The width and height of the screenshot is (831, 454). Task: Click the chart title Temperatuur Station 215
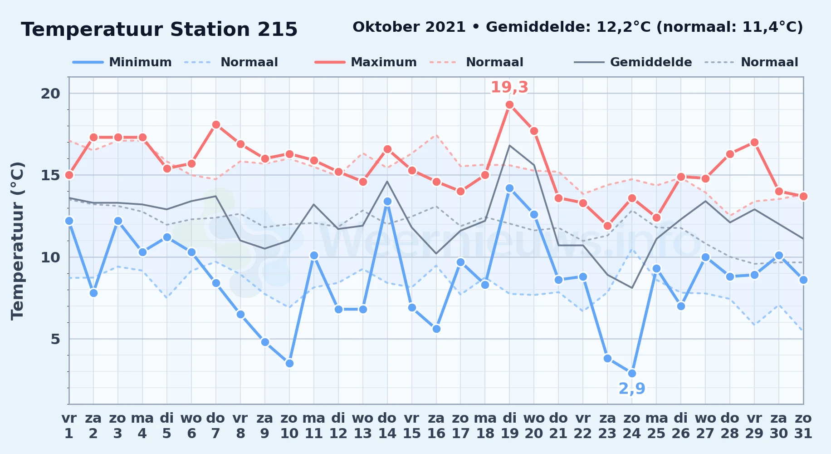click(159, 30)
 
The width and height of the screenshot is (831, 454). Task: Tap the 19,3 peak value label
click(509, 87)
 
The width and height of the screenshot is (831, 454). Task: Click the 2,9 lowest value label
click(632, 389)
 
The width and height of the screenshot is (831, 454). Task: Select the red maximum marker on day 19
click(509, 105)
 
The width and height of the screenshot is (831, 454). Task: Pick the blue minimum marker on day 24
click(632, 373)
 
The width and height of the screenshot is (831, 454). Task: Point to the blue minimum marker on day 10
click(289, 363)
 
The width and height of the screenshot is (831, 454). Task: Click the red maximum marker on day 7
click(216, 124)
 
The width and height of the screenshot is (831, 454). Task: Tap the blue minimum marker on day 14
click(387, 201)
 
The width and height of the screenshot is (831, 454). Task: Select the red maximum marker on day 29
click(754, 143)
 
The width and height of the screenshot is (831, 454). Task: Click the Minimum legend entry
click(122, 62)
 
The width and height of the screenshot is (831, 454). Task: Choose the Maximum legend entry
click(366, 62)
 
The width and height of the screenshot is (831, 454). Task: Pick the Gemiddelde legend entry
click(633, 62)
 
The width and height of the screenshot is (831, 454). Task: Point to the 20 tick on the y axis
click(50, 94)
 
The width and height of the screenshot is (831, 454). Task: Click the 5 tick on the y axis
click(55, 339)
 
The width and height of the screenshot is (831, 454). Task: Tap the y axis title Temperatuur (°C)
click(18, 241)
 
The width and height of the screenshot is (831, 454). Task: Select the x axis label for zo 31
click(803, 426)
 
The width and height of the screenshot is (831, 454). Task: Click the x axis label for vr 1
click(69, 426)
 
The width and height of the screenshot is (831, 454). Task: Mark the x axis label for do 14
click(387, 426)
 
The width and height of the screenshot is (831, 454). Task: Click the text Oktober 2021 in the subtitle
click(409, 27)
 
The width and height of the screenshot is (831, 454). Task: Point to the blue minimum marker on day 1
click(69, 221)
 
